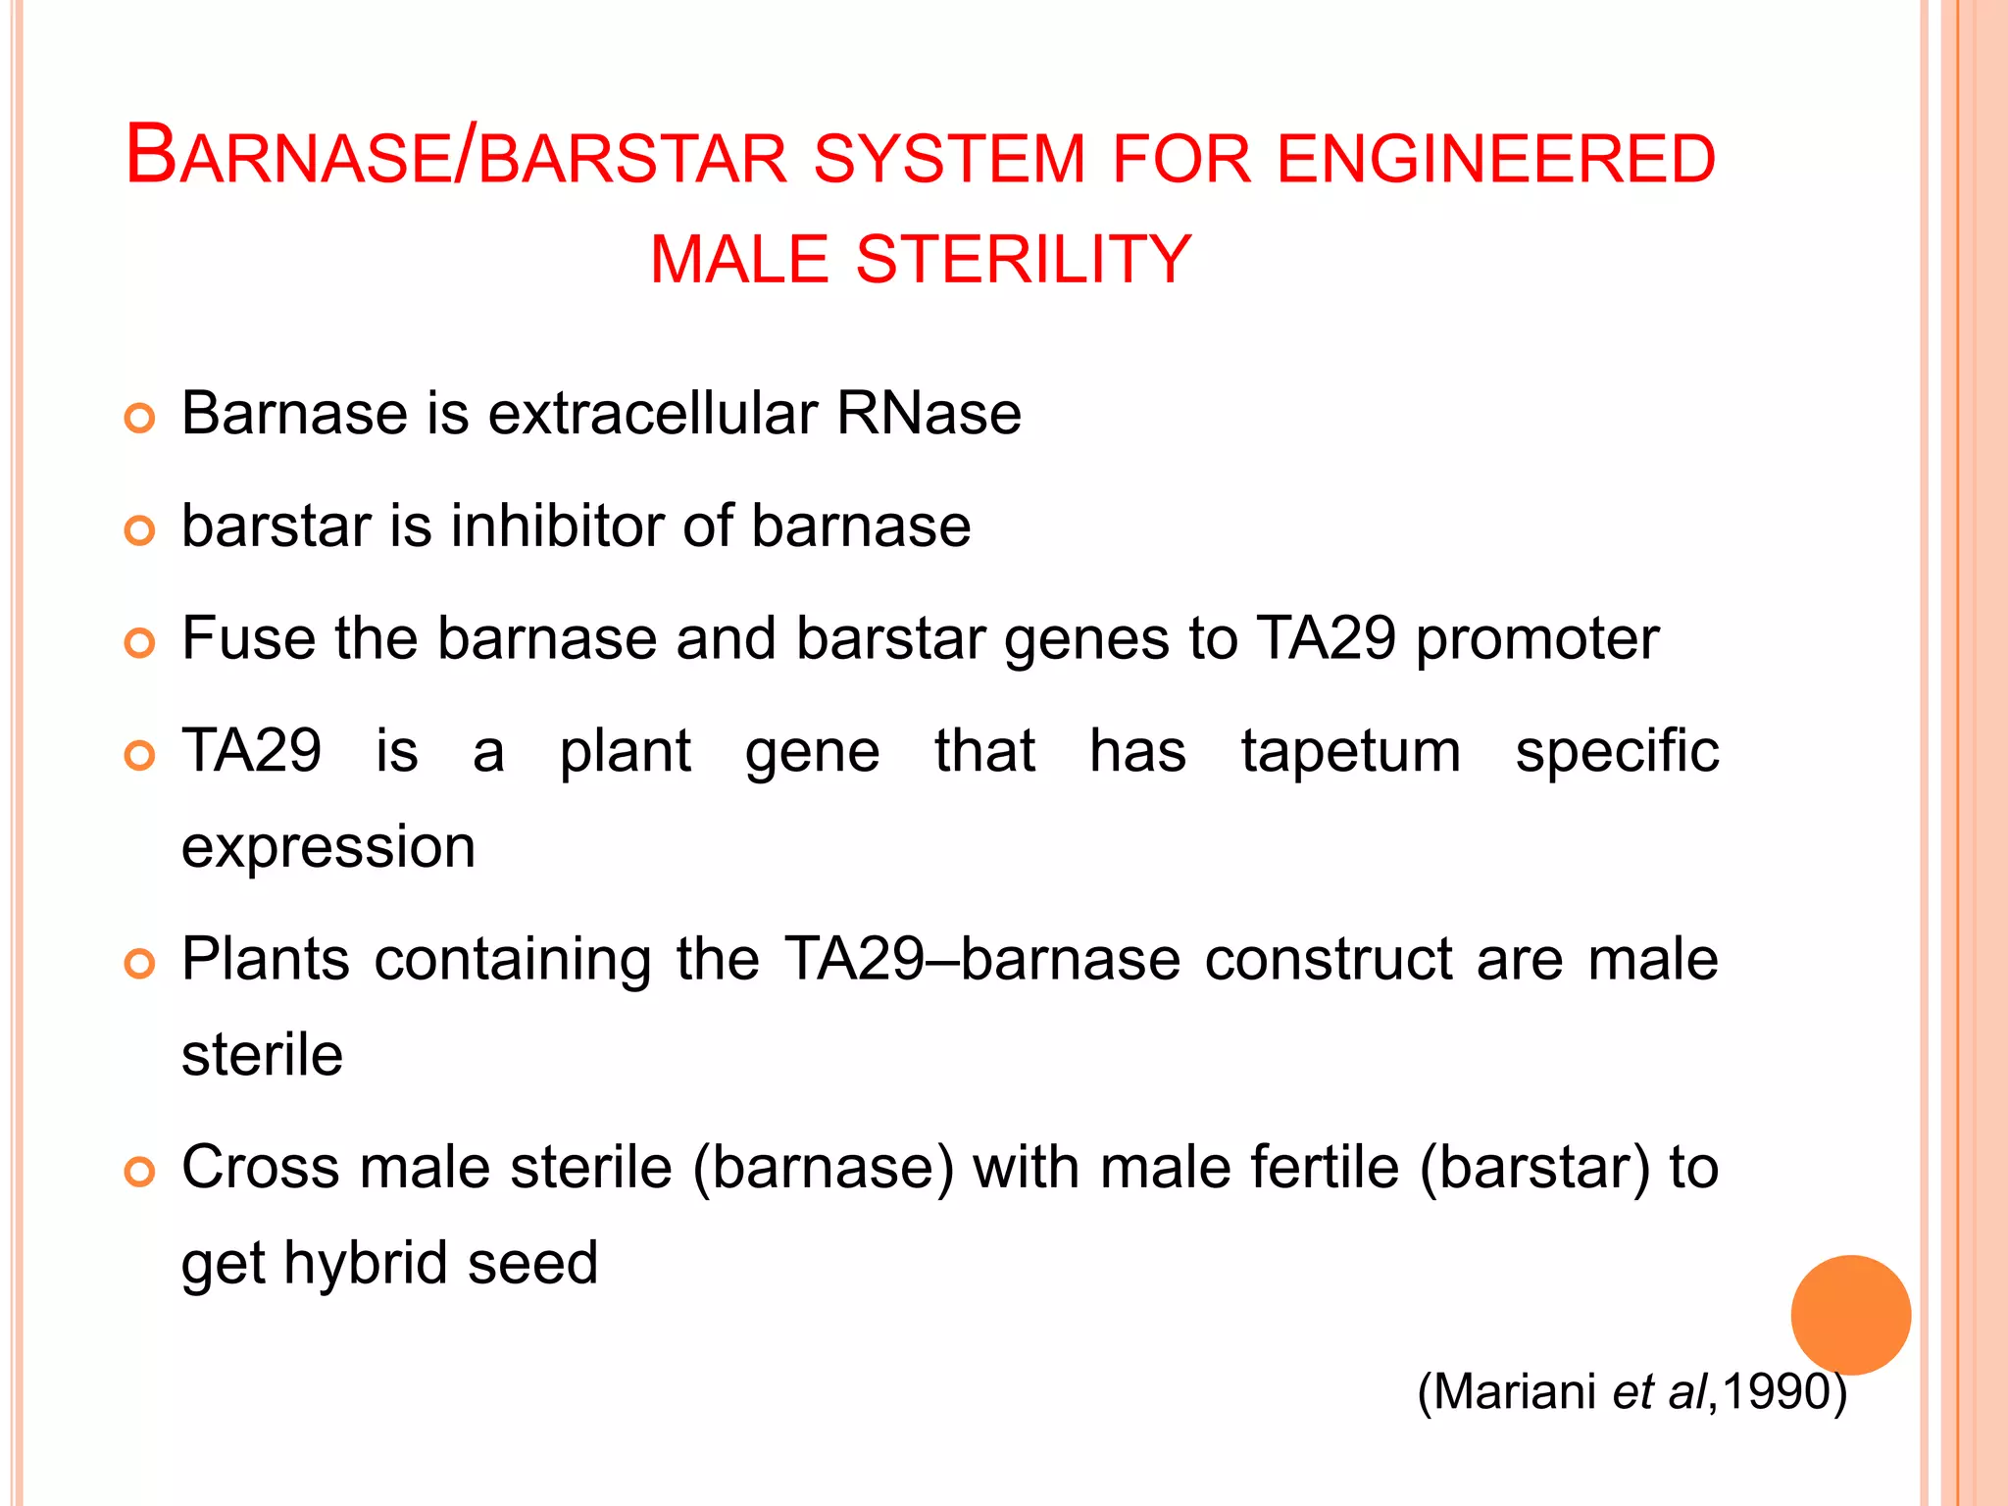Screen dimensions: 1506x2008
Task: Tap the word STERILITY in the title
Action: pyautogui.click(x=1024, y=260)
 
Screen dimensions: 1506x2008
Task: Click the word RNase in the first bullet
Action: pyautogui.click(x=929, y=413)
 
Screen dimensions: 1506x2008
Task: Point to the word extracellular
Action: pyautogui.click(x=652, y=413)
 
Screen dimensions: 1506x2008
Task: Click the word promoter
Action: pyautogui.click(x=1537, y=640)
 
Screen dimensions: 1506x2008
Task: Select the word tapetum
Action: pyautogui.click(x=1351, y=752)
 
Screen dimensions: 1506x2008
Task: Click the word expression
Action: pyautogui.click(x=328, y=848)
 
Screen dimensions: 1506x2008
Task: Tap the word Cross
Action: pyautogui.click(x=259, y=1168)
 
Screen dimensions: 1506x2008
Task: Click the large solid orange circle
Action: pyautogui.click(x=1850, y=1315)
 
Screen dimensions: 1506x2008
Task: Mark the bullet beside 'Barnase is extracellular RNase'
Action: pyautogui.click(x=140, y=419)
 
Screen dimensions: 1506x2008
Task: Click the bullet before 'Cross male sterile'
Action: pyautogui.click(x=140, y=1173)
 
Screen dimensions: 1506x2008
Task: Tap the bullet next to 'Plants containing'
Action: pyautogui.click(x=140, y=964)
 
